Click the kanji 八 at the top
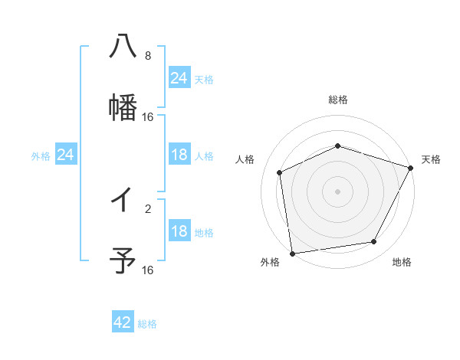click(123, 46)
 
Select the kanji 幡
click(123, 106)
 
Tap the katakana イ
click(123, 200)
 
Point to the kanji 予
click(123, 260)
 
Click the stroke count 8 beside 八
click(147, 56)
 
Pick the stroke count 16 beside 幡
click(147, 117)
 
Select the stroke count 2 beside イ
click(147, 208)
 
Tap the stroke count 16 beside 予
click(147, 270)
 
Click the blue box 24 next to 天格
click(179, 78)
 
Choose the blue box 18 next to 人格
click(179, 155)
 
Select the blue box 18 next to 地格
click(179, 231)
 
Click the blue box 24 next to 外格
click(66, 155)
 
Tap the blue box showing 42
click(123, 322)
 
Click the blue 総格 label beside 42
click(147, 324)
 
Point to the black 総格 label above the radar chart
click(338, 100)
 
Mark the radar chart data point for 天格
click(412, 167)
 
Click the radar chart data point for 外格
click(292, 253)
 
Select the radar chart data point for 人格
click(280, 172)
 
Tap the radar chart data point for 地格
click(374, 242)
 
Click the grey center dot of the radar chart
click(338, 191)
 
